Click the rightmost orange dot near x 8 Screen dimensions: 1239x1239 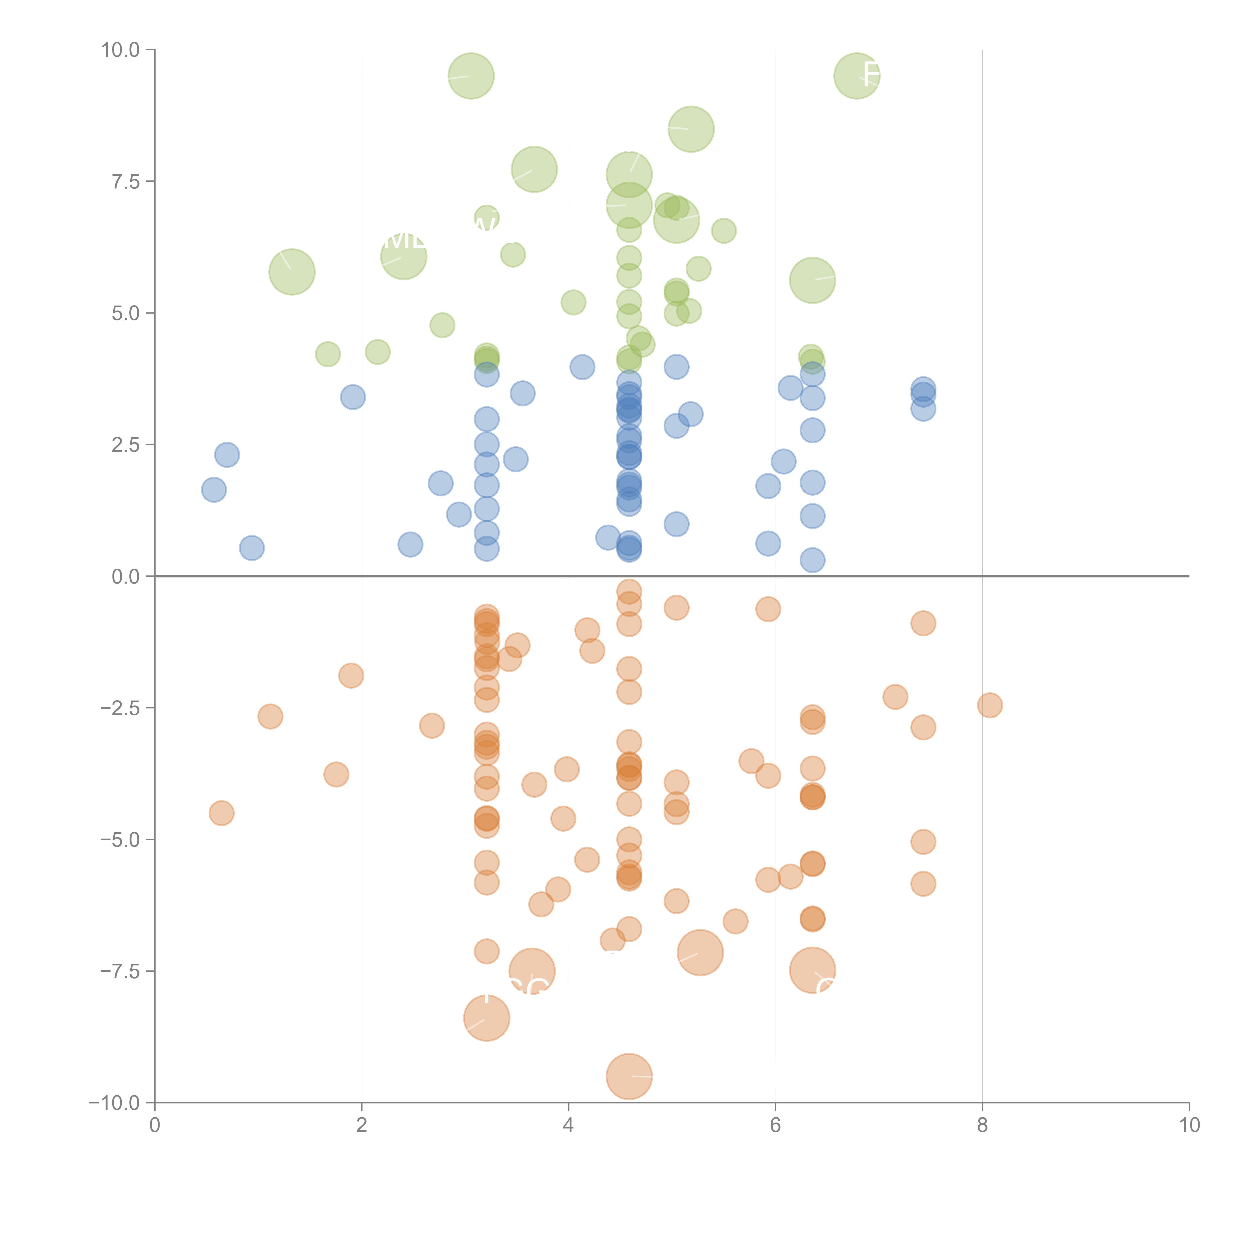990,705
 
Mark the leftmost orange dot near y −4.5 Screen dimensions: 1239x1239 221,813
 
